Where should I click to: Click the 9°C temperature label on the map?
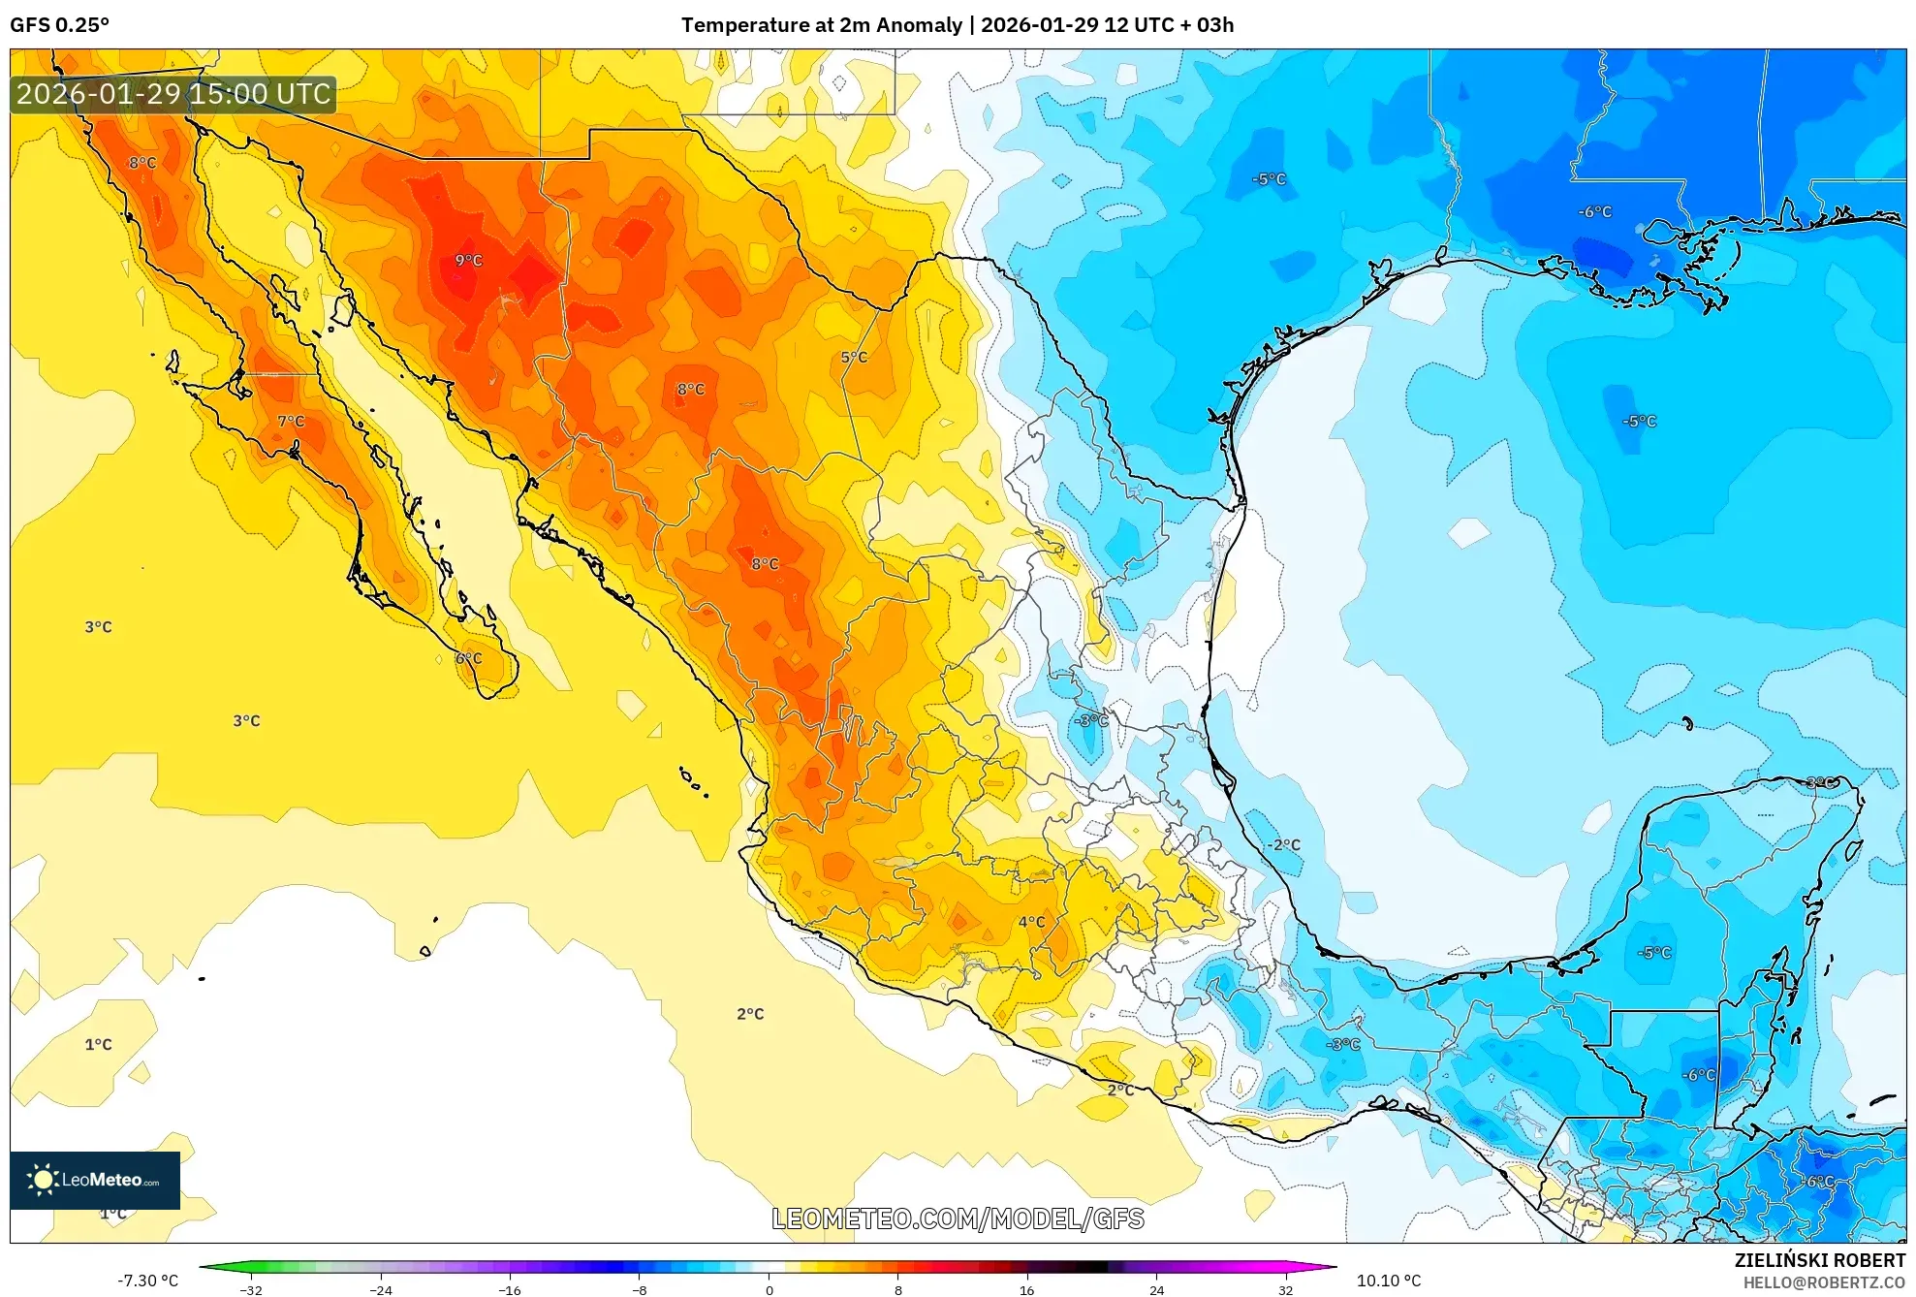468,260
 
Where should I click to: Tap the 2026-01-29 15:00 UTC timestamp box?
173,94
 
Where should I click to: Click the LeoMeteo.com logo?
95,1180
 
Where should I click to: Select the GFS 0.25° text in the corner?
59,25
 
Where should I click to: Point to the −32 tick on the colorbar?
251,1289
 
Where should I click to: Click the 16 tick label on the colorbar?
1026,1289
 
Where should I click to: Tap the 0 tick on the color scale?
770,1289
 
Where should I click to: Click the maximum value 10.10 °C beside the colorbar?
1388,1281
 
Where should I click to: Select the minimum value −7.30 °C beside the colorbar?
148,1281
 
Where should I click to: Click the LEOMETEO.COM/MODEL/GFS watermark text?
958,1218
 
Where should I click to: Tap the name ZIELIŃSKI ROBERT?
1819,1260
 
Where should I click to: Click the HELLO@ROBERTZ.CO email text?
1824,1282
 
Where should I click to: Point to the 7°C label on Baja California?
291,421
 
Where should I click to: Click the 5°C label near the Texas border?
854,357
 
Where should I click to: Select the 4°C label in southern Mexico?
1031,921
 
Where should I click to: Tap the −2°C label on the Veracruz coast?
1285,844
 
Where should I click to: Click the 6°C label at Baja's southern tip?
469,658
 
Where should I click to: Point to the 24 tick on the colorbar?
1156,1289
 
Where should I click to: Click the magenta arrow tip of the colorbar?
1330,1266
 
